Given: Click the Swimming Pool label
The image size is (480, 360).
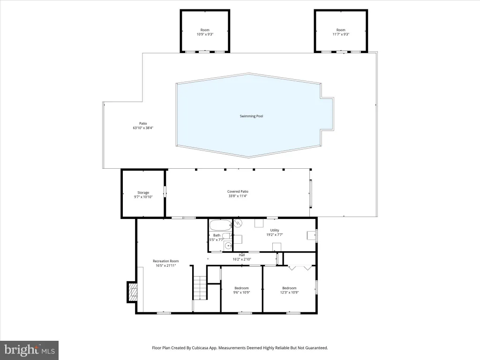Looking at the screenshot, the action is click(251, 116).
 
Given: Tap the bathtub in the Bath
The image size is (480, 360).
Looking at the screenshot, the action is click(220, 225).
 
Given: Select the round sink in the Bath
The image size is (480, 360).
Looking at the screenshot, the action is click(227, 245).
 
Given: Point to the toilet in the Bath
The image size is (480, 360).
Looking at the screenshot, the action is click(227, 235).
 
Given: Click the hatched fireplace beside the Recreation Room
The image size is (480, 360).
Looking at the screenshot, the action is click(133, 292).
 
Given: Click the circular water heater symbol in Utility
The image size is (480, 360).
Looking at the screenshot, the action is click(238, 223).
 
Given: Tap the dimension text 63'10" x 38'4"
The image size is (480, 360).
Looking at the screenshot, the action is click(143, 128).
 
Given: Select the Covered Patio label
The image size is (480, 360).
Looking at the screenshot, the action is click(238, 192).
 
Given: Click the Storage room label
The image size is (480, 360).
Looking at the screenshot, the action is click(143, 193).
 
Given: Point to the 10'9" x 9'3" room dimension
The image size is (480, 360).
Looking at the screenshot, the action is click(205, 34).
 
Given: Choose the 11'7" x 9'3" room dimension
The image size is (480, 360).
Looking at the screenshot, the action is click(341, 34).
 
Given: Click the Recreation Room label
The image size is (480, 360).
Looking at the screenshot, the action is click(165, 261).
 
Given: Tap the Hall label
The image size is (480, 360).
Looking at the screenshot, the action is click(242, 255).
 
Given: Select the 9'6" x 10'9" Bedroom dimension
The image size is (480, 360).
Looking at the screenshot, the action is click(241, 292).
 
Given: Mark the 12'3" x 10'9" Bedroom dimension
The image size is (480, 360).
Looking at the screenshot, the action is click(289, 292).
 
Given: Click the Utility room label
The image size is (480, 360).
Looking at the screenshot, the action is click(275, 230).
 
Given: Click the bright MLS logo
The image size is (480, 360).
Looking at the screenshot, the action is click(29, 350).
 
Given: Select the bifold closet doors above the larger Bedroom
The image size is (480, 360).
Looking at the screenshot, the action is click(301, 268).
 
